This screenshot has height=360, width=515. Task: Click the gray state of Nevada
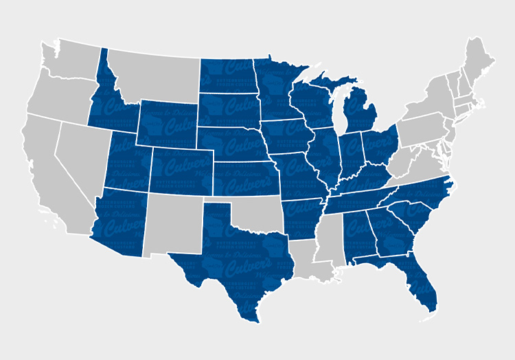coord(79,158)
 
